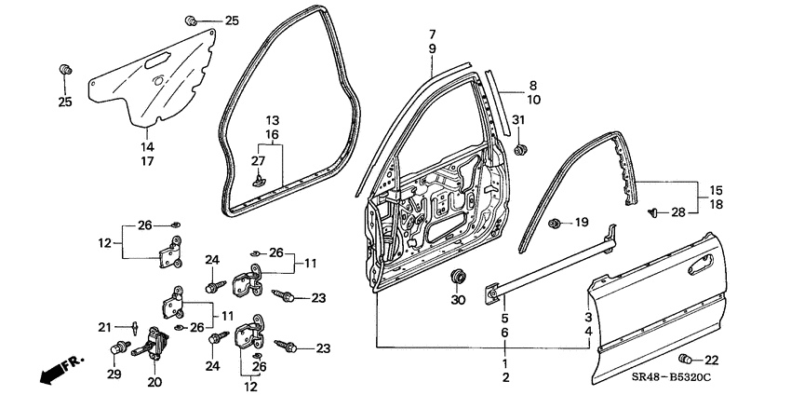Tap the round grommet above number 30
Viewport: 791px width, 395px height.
click(457, 276)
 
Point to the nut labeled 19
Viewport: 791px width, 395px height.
click(555, 222)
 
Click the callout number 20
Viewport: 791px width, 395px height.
click(154, 381)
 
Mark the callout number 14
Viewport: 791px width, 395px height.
click(147, 146)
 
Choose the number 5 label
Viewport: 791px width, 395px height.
click(504, 317)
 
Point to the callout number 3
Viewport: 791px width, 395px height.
click(587, 317)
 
